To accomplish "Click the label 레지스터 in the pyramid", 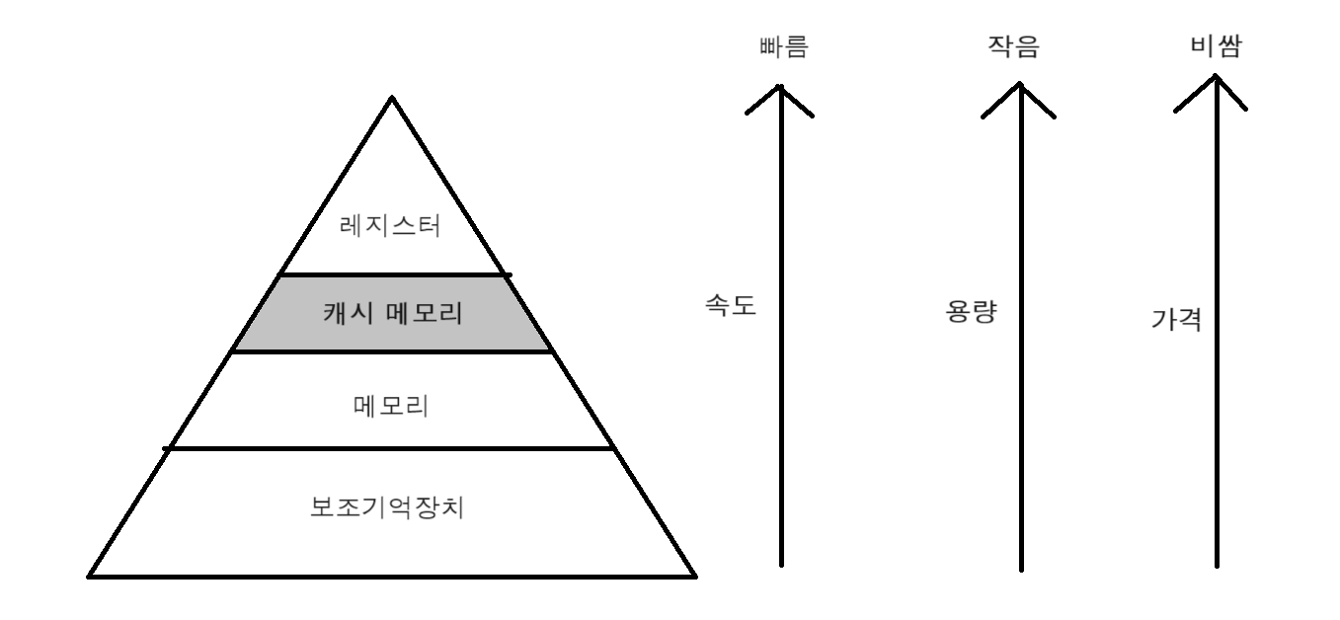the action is (392, 227).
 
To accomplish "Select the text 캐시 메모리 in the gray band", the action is (392, 314).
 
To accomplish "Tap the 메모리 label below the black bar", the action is (391, 406).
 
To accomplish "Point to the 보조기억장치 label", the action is (392, 509).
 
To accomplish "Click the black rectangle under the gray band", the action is (401, 365).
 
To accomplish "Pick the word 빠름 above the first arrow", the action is (779, 47).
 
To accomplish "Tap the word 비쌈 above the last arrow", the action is (1216, 47).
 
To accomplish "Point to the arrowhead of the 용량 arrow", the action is (1020, 85).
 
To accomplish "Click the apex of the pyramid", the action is (392, 97).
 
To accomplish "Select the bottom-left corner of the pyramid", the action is (89, 576).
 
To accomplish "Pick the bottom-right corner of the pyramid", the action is (696, 576).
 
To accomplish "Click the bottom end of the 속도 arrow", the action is (781, 565).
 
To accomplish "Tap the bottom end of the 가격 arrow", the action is (1217, 568).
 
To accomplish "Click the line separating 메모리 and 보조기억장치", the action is (392, 448).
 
